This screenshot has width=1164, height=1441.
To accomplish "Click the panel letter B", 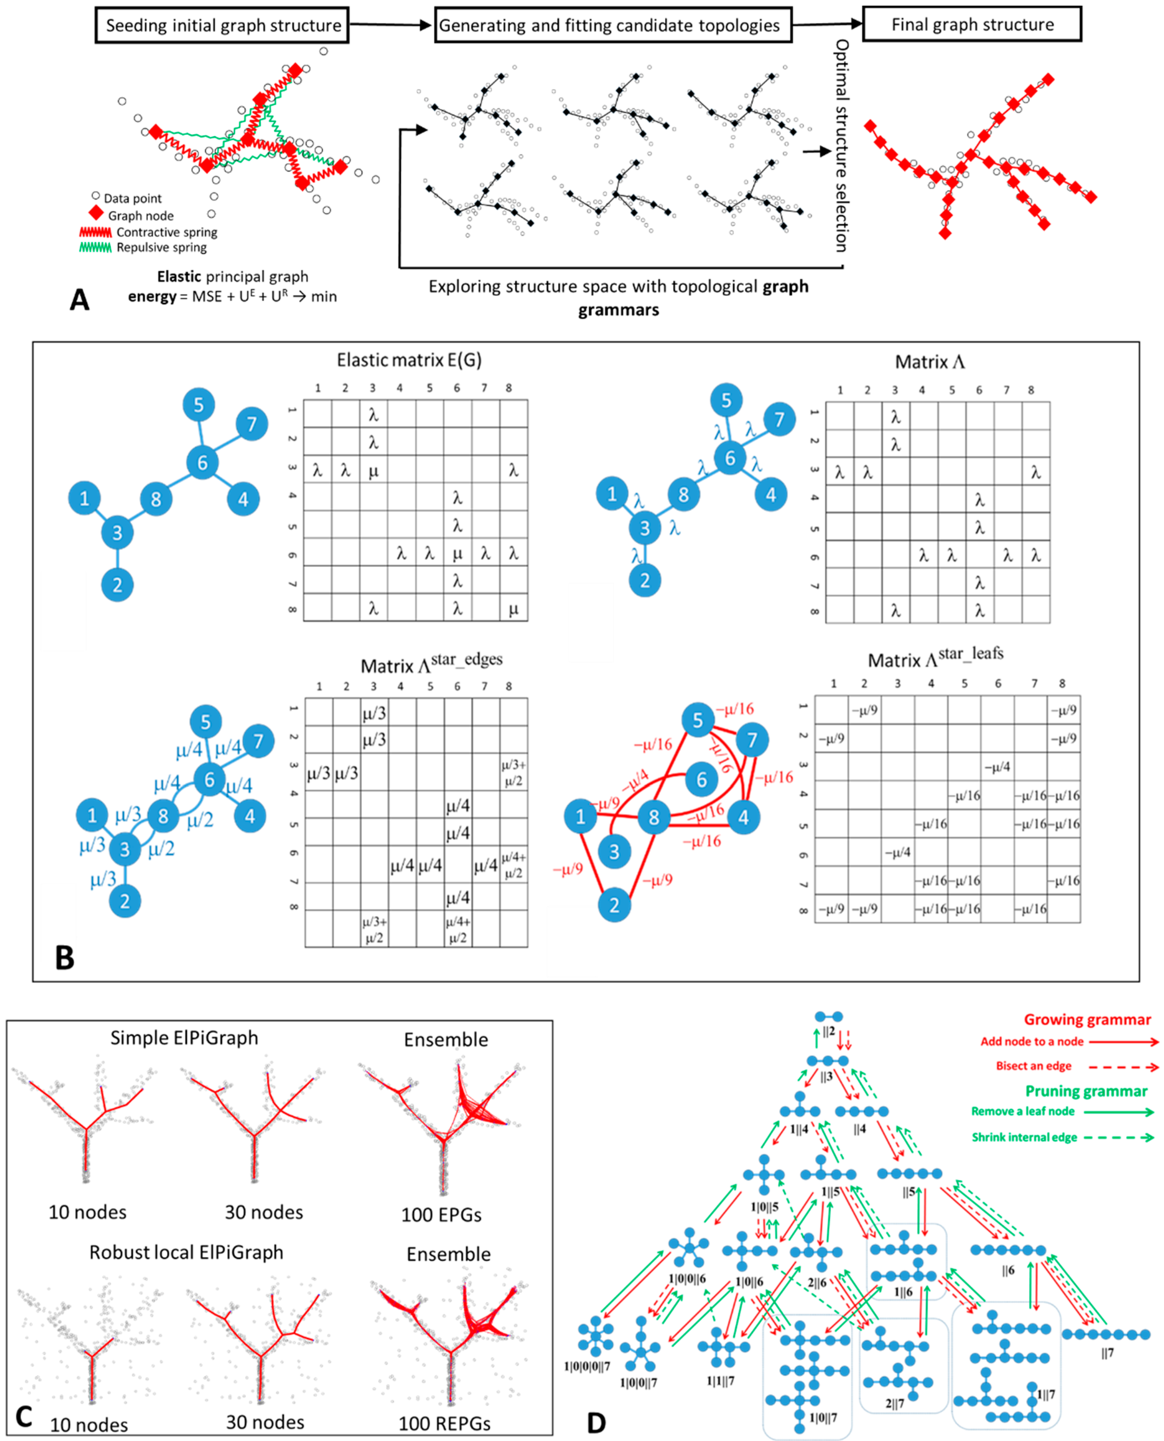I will pyautogui.click(x=64, y=958).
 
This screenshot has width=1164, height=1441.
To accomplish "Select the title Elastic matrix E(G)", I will pyautogui.click(x=409, y=361).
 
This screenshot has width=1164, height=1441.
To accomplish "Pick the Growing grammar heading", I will pyautogui.click(x=1087, y=1020).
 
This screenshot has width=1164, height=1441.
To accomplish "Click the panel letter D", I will pyautogui.click(x=596, y=1423).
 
